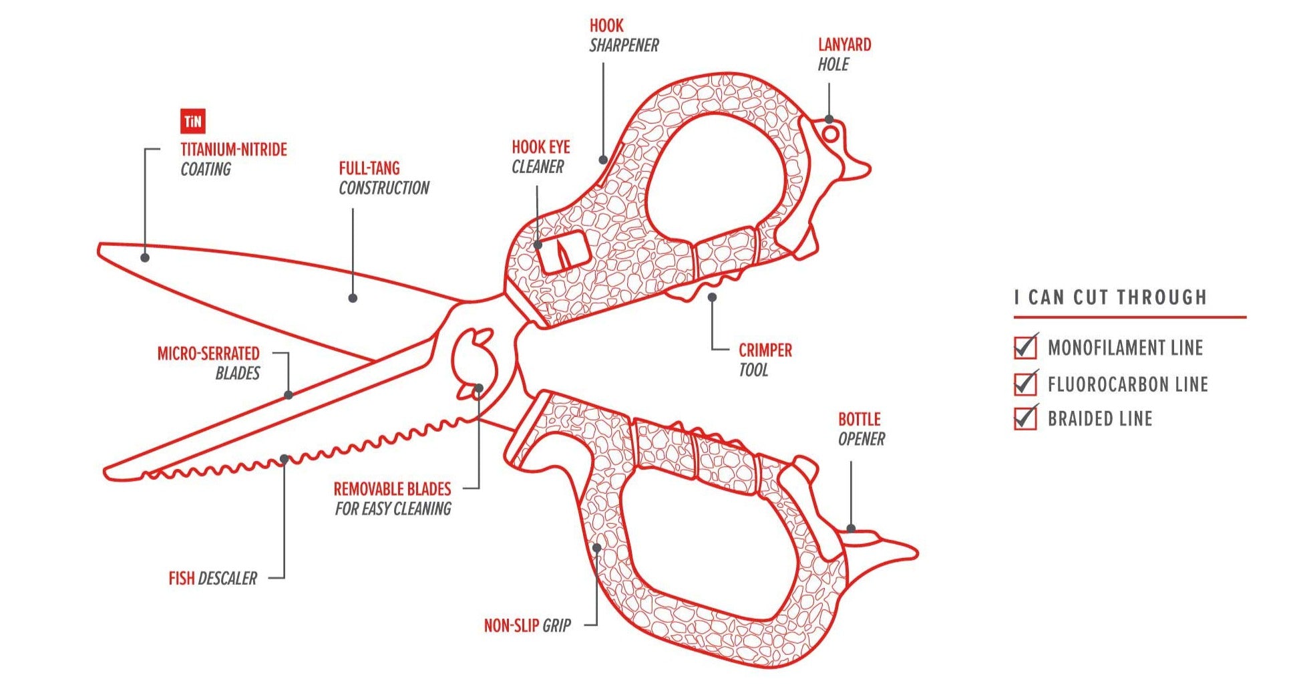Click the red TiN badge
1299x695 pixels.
192,122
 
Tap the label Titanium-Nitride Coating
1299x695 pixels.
233,159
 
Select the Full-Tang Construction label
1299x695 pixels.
383,178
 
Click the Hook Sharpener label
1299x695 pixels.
623,36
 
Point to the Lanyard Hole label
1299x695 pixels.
844,55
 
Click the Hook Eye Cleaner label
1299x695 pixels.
540,157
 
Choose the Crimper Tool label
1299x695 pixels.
765,360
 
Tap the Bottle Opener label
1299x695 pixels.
861,429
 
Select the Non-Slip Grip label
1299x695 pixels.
527,625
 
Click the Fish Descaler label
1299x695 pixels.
212,578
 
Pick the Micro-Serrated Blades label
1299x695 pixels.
208,363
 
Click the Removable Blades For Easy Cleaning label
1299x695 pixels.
393,499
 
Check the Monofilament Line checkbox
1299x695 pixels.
1025,347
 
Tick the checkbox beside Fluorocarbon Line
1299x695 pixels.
1025,384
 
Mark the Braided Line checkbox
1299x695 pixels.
1025,418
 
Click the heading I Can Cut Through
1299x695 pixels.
1110,297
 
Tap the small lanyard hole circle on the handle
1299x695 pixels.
830,134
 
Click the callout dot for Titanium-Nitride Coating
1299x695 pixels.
145,257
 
